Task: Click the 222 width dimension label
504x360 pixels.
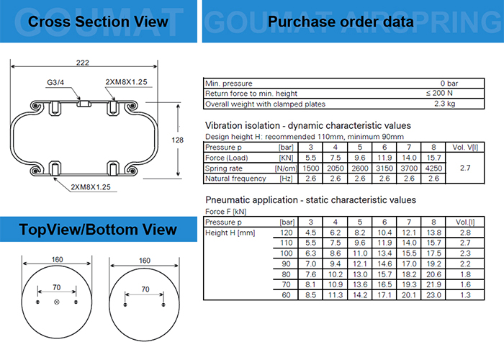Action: [82, 63]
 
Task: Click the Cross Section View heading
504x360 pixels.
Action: [98, 21]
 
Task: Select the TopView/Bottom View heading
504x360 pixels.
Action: [98, 230]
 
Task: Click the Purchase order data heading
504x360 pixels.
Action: [341, 22]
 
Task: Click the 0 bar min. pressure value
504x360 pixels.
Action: [449, 84]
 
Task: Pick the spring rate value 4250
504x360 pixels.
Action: [433, 168]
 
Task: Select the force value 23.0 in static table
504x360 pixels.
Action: [433, 294]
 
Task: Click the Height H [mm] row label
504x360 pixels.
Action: [231, 233]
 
